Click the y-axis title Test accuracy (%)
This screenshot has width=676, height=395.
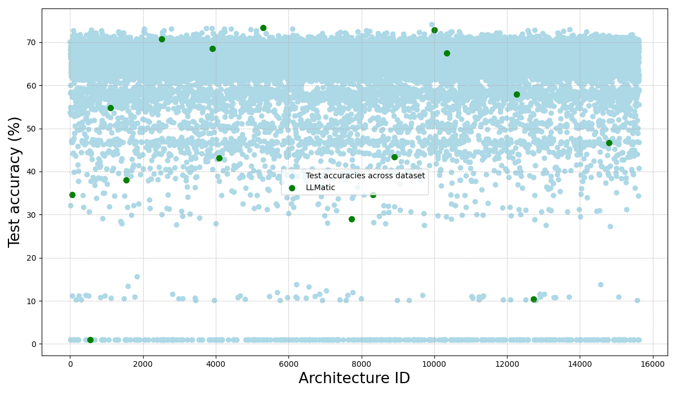click(15, 182)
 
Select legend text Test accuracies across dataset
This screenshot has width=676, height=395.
click(365, 176)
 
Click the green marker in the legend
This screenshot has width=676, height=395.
click(292, 187)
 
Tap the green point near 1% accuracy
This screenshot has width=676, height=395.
click(90, 340)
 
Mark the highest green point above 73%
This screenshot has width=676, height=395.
click(263, 28)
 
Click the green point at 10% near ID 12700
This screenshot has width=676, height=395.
click(533, 299)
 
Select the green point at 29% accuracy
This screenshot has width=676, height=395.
click(352, 219)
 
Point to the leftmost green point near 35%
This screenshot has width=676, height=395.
click(72, 195)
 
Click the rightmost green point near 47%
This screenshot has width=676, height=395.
click(609, 143)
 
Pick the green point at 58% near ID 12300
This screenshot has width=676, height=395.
click(517, 94)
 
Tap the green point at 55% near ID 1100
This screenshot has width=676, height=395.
click(110, 108)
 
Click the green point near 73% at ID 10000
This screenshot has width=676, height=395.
click(434, 30)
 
